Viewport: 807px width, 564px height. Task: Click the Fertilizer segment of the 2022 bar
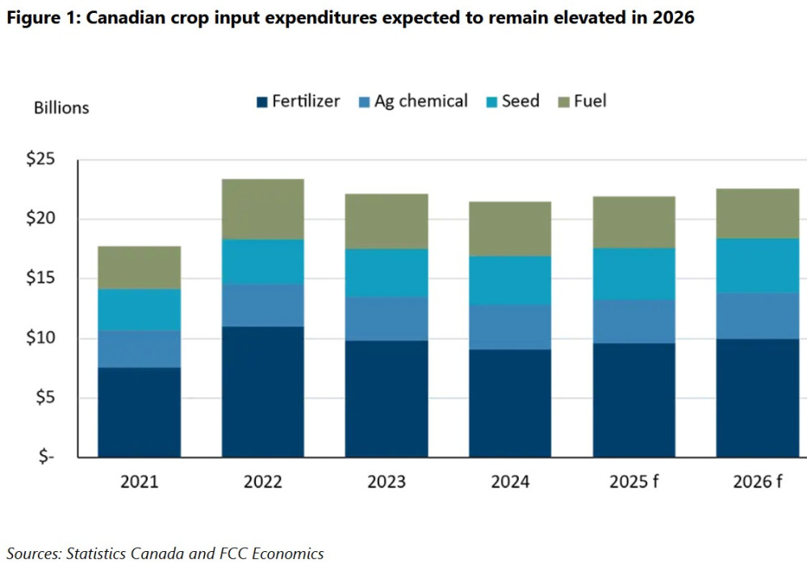pyautogui.click(x=262, y=391)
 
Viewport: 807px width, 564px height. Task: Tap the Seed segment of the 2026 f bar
pyautogui.click(x=757, y=265)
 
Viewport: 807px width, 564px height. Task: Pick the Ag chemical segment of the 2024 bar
pyautogui.click(x=510, y=327)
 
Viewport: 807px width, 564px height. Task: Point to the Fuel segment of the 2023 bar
pyautogui.click(x=387, y=221)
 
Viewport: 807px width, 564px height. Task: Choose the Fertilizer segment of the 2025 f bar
pyautogui.click(x=633, y=400)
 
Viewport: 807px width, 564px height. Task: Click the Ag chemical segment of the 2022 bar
pyautogui.click(x=262, y=305)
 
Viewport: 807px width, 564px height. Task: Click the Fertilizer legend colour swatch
pyautogui.click(x=261, y=102)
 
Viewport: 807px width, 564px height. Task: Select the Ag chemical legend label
pyautogui.click(x=420, y=102)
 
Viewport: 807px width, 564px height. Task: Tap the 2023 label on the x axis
pyautogui.click(x=387, y=483)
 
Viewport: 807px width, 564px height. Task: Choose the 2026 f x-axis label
pyautogui.click(x=757, y=483)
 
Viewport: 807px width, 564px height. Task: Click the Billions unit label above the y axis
pyautogui.click(x=61, y=107)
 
